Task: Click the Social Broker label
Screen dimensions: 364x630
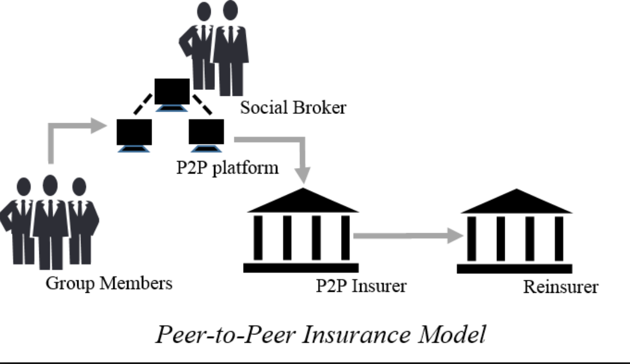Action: [x=293, y=107]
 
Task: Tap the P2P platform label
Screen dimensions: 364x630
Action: [x=227, y=166]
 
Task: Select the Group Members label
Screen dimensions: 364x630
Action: [x=108, y=283]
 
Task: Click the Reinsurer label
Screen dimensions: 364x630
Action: [x=560, y=287]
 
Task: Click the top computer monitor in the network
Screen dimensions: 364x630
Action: [x=172, y=91]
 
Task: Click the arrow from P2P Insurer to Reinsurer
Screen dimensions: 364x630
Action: [x=408, y=236]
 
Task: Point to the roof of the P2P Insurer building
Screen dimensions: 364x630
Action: [x=303, y=203]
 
